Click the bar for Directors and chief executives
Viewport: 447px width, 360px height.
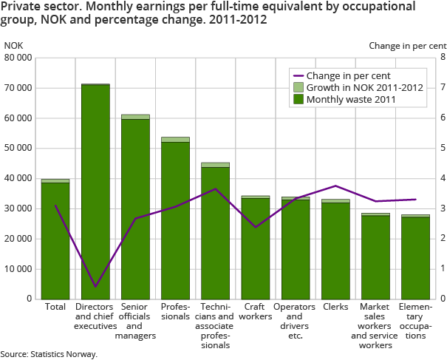click(95, 191)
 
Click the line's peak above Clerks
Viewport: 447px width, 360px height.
click(335, 186)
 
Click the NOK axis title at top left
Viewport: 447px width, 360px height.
click(13, 46)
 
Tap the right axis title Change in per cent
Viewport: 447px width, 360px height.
click(408, 46)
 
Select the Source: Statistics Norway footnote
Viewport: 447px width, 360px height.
click(49, 354)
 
